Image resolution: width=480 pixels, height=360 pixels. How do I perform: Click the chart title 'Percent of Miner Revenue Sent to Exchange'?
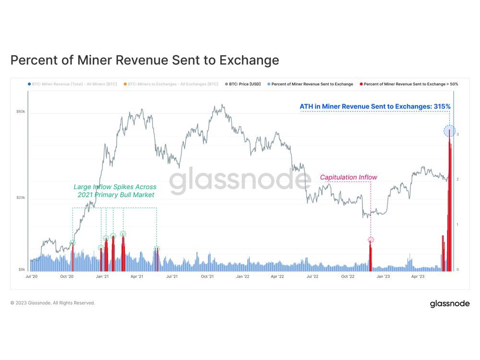(x=144, y=60)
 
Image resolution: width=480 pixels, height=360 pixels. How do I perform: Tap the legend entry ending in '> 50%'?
(x=408, y=84)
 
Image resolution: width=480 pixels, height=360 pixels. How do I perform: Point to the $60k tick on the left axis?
(x=20, y=111)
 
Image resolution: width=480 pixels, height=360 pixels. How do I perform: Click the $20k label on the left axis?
(x=20, y=198)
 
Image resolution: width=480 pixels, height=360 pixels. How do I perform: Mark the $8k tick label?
(x=21, y=270)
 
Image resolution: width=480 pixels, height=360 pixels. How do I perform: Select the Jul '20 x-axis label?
(x=31, y=276)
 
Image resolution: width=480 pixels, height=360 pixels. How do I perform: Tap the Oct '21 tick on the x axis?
(x=207, y=276)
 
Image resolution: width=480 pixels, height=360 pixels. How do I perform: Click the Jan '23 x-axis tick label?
(x=383, y=276)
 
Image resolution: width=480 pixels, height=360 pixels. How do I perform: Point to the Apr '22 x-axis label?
(x=277, y=276)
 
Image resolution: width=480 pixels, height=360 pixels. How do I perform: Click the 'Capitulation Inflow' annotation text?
(x=348, y=177)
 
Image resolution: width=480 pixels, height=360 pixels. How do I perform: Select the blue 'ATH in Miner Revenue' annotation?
(x=375, y=107)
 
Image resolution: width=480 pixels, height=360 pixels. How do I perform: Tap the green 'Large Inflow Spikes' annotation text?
(x=115, y=191)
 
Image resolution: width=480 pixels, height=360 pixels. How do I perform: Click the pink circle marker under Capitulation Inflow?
(x=371, y=240)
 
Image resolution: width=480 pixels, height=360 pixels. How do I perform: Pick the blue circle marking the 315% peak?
(x=449, y=130)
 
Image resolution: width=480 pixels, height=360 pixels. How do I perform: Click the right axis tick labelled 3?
(x=457, y=134)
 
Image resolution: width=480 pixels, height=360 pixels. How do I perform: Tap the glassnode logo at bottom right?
(x=449, y=303)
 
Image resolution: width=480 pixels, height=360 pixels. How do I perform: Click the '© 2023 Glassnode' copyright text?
(x=53, y=303)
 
